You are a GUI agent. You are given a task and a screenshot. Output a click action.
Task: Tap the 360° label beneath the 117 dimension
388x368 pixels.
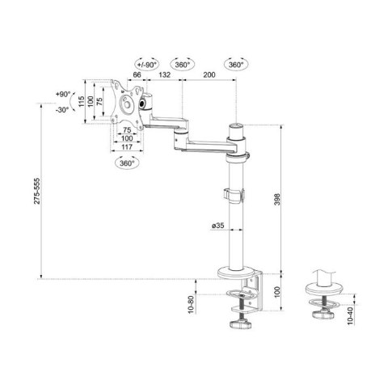[x=126, y=162]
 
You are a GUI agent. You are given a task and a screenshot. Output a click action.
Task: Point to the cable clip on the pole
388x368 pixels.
[x=231, y=195]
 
